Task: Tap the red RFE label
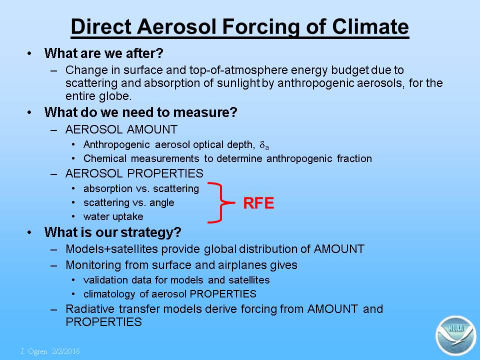258,203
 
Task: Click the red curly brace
221,202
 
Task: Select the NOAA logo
455,335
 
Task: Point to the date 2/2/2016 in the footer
66,351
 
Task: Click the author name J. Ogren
33,351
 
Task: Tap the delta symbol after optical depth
264,145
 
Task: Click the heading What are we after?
104,53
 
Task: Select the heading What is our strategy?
113,232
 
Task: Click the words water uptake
113,216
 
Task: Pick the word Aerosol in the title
177,26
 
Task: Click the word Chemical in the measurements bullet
104,158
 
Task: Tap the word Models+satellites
111,249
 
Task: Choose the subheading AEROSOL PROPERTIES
134,173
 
